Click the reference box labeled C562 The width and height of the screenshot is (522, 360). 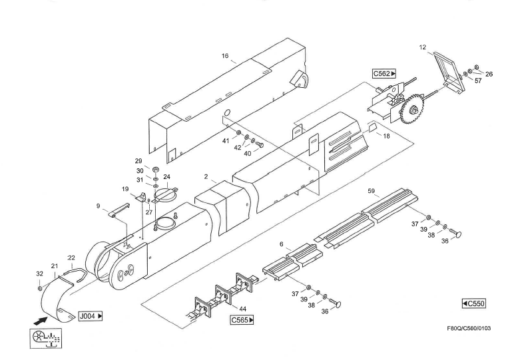click(384, 75)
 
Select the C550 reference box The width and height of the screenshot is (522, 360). click(474, 303)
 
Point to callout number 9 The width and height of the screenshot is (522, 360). click(99, 206)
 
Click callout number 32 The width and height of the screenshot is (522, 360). click(39, 273)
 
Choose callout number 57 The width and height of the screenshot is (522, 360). click(479, 80)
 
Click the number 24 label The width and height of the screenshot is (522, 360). click(167, 177)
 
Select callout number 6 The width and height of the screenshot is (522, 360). click(282, 245)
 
